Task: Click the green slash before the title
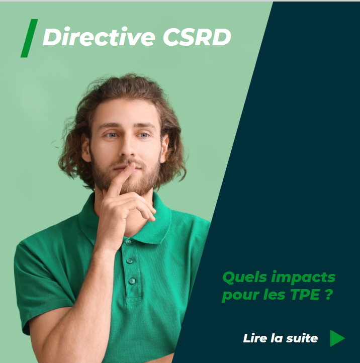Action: (x=29, y=38)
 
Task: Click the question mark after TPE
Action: (x=328, y=295)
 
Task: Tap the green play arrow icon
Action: (x=337, y=338)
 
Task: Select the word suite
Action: (x=302, y=338)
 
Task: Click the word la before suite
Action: (x=277, y=338)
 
